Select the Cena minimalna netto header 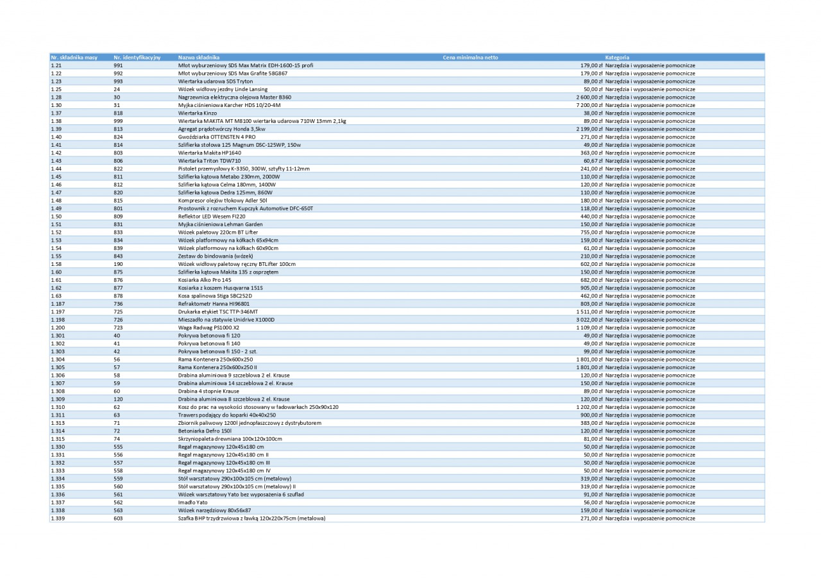pyautogui.click(x=470, y=58)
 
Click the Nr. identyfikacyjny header pyautogui.click(x=137, y=58)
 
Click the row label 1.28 pyautogui.click(x=56, y=97)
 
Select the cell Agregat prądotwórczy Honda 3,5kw pyautogui.click(x=221, y=129)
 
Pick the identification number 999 pyautogui.click(x=118, y=121)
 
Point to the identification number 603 pyautogui.click(x=118, y=518)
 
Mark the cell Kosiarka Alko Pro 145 pyautogui.click(x=205, y=280)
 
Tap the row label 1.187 pyautogui.click(x=57, y=304)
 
